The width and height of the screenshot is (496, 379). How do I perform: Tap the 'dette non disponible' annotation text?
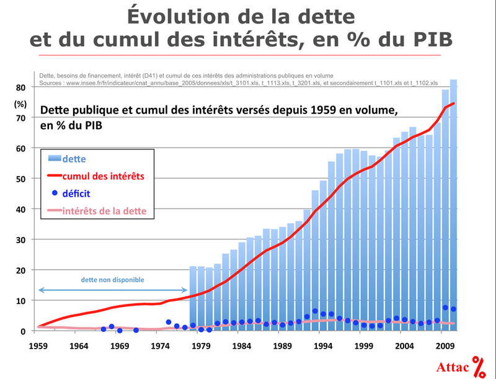click(112, 280)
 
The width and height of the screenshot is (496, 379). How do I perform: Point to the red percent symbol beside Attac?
click(479, 367)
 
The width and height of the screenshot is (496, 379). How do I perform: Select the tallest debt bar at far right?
click(453, 205)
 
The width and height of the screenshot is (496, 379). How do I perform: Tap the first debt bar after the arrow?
click(193, 298)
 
